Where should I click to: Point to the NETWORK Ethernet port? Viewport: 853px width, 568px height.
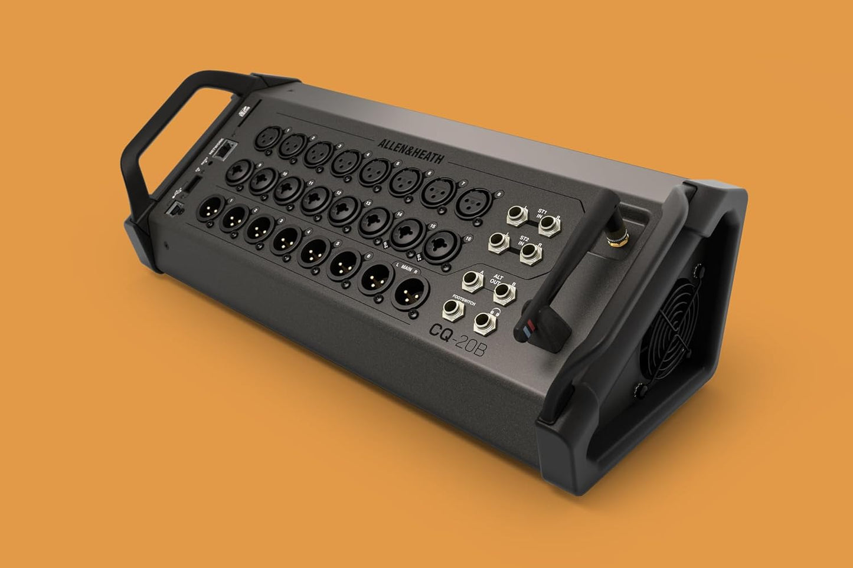point(223,152)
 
